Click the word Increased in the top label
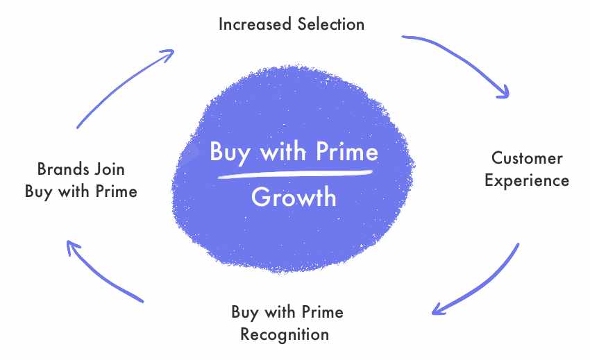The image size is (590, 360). click(x=255, y=24)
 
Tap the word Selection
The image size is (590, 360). click(x=330, y=24)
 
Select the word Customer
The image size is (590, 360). click(x=527, y=158)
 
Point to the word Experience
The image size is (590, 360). click(x=527, y=180)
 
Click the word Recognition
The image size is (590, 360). click(x=285, y=335)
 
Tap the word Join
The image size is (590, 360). click(x=110, y=169)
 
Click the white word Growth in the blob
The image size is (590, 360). click(x=294, y=197)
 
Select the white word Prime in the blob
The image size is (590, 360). click(x=347, y=151)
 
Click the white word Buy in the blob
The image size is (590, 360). click(x=230, y=153)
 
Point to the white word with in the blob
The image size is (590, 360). click(x=283, y=151)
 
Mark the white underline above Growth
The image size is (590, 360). click(x=295, y=173)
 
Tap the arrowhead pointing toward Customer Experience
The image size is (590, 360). click(x=503, y=92)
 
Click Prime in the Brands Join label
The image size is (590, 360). click(x=117, y=191)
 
